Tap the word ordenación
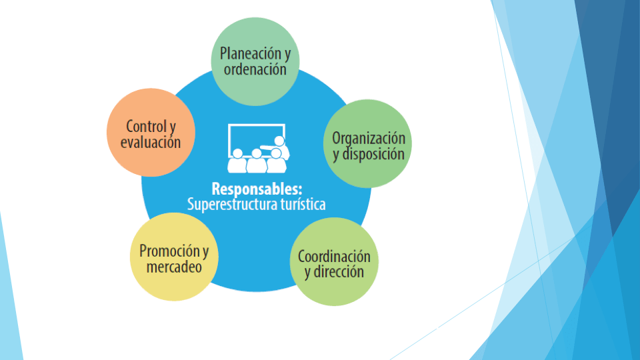255,69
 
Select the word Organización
369,139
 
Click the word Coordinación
334,257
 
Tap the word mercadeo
173,267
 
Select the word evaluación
151,142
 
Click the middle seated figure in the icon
256,162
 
